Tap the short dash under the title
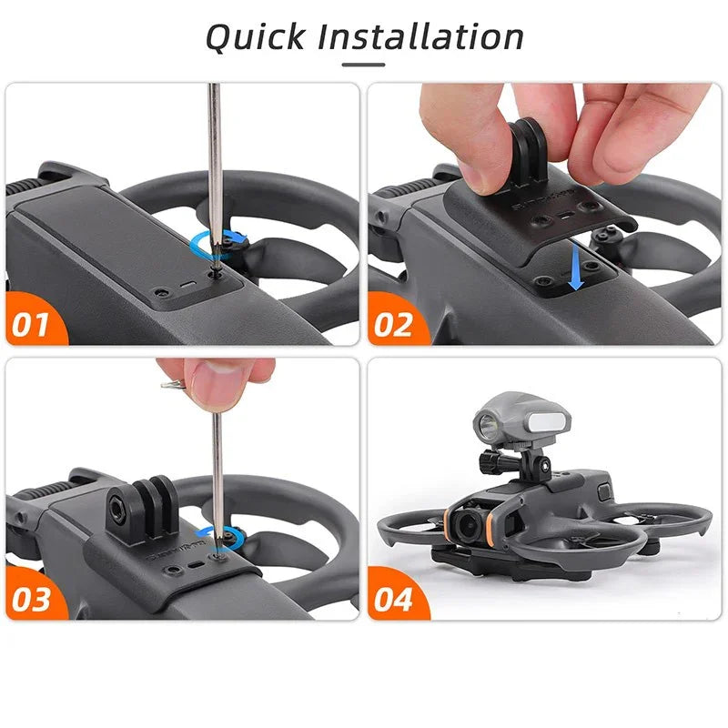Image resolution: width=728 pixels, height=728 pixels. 363,66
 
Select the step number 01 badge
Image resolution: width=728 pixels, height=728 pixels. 30,324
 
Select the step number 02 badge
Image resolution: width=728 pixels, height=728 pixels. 393,324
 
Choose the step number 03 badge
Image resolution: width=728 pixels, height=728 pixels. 30,599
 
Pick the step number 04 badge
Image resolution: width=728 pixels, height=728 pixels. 393,599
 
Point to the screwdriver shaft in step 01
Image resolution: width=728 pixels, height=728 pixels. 214,164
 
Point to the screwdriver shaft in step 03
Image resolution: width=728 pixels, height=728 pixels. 218,464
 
